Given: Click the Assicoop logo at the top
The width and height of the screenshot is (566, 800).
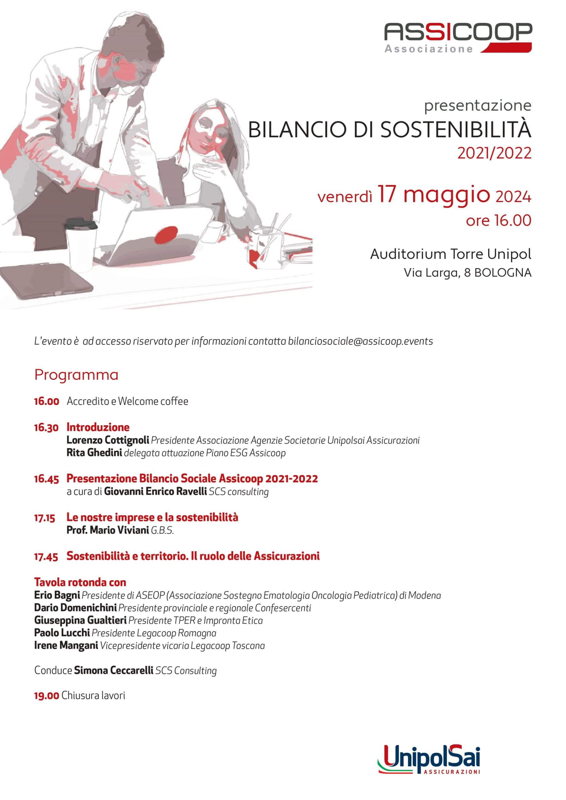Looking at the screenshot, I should pyautogui.click(x=458, y=37).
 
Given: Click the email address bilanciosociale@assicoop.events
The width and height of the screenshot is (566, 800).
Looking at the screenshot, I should pyautogui.click(x=360, y=341).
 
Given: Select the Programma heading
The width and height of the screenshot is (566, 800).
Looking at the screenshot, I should pyautogui.click(x=76, y=375).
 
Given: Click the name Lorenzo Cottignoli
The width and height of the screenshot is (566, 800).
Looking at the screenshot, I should pyautogui.click(x=108, y=440).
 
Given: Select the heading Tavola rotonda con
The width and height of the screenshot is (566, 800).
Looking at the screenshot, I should pyautogui.click(x=80, y=582).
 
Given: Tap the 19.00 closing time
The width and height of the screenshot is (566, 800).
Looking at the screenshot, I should pyautogui.click(x=46, y=696).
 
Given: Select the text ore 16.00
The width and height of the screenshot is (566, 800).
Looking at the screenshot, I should pyautogui.click(x=498, y=220).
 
